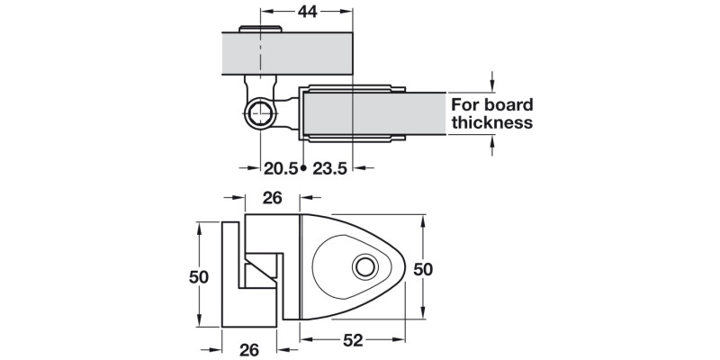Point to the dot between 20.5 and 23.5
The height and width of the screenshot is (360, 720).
pyautogui.click(x=304, y=168)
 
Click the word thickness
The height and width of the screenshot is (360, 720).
pyautogui.click(x=492, y=123)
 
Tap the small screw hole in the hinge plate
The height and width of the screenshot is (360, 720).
pyautogui.click(x=364, y=267)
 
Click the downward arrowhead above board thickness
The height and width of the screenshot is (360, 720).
pyautogui.click(x=491, y=85)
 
